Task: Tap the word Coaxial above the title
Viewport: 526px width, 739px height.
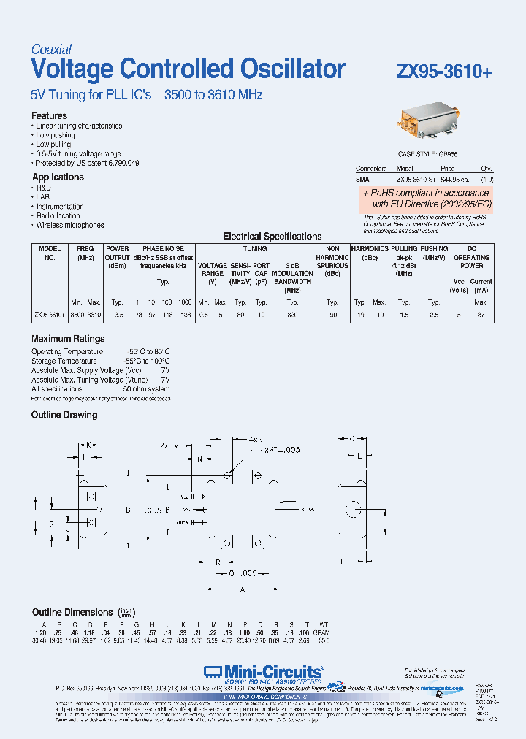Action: click(x=51, y=50)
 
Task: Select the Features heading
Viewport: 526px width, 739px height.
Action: click(x=49, y=116)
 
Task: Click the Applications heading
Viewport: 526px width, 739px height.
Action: click(x=58, y=177)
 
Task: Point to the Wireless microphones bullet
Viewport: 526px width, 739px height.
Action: click(x=70, y=226)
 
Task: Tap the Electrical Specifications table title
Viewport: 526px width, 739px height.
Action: click(x=272, y=237)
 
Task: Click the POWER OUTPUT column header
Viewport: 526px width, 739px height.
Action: click(x=118, y=253)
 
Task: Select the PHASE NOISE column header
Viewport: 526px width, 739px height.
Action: click(x=163, y=249)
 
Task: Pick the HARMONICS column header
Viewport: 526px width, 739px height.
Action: click(x=370, y=249)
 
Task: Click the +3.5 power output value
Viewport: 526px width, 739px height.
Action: click(x=117, y=313)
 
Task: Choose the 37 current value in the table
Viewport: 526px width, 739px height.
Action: click(x=480, y=313)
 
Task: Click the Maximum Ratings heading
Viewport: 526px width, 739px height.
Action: click(x=68, y=339)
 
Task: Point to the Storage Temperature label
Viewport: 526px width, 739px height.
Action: click(x=64, y=361)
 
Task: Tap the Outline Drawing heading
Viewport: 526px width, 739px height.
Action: click(x=64, y=415)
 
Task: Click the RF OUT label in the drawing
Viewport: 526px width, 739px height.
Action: click(x=310, y=508)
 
